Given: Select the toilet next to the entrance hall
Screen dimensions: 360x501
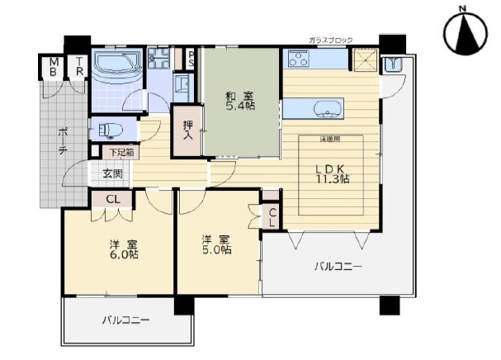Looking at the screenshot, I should [106, 130].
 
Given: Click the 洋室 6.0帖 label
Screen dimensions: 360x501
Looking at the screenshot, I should [120, 250].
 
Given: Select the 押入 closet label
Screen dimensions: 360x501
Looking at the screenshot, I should [188, 131].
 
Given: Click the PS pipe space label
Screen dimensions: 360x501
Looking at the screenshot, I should [190, 59].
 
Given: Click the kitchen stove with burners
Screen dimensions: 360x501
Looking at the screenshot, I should [298, 59].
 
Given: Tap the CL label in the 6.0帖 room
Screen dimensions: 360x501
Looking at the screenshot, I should [114, 199].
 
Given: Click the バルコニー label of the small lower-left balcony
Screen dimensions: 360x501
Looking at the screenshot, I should [125, 319].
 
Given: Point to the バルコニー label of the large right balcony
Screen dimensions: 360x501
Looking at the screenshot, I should [338, 266].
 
